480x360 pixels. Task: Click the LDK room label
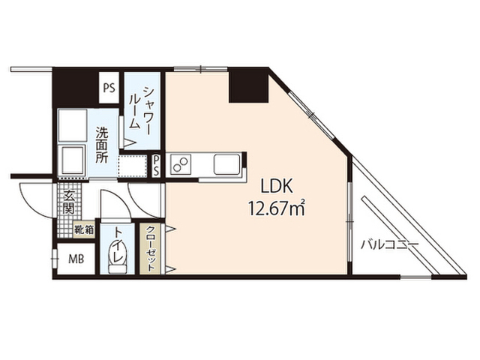tap(277, 187)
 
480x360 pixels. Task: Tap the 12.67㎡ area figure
tap(277, 208)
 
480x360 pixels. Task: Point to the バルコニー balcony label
tap(389, 245)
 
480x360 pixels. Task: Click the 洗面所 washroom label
tap(102, 145)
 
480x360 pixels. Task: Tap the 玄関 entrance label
tap(68, 202)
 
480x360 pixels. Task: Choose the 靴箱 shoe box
tap(84, 229)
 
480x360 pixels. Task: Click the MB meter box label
tap(76, 259)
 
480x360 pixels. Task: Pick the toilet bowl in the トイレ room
tap(118, 256)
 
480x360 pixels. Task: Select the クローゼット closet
tap(150, 248)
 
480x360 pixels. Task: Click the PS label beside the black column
tap(109, 88)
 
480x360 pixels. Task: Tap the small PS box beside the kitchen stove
tap(156, 166)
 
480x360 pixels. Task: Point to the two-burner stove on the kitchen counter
tap(181, 164)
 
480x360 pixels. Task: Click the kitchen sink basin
tap(226, 163)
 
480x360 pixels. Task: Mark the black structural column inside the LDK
tap(248, 87)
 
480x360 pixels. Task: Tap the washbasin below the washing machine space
tap(73, 160)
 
